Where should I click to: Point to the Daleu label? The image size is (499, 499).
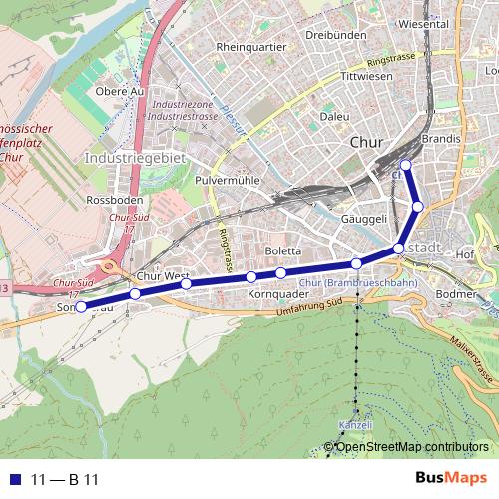[335, 116]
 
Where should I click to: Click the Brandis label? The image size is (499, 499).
[441, 139]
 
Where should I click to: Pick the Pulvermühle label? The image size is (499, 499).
[228, 179]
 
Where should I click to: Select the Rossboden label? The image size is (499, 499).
[110, 200]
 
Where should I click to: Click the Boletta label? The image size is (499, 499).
[283, 250]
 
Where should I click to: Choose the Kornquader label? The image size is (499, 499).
[273, 295]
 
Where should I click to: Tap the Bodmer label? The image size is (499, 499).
[457, 294]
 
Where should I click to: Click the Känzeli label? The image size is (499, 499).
[355, 425]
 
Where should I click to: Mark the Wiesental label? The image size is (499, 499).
[422, 22]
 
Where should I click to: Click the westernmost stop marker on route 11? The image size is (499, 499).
[81, 307]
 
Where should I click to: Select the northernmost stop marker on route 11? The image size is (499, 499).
[405, 165]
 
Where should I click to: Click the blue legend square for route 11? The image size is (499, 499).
[13, 480]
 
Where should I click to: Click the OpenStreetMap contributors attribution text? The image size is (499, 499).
[412, 447]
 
